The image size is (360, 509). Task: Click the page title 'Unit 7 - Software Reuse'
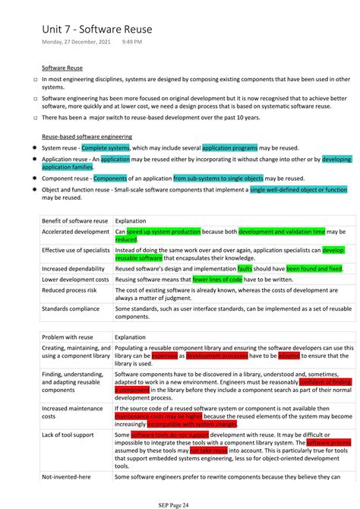[x=96, y=29]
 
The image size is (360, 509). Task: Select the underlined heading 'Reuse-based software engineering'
[x=87, y=137]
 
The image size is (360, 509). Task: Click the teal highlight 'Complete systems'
[x=106, y=148]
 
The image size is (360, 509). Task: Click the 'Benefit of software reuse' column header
[x=74, y=220]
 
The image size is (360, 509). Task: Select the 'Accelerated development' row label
[x=76, y=232]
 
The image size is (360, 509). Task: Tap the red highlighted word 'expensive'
[x=164, y=356]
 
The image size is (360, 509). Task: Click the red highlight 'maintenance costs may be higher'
[x=158, y=416]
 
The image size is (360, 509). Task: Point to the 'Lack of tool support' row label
[x=69, y=435]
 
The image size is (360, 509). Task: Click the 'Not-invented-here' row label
[x=67, y=477]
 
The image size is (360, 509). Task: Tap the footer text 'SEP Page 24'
[x=179, y=503]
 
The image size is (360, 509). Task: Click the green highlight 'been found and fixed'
[x=314, y=268]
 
